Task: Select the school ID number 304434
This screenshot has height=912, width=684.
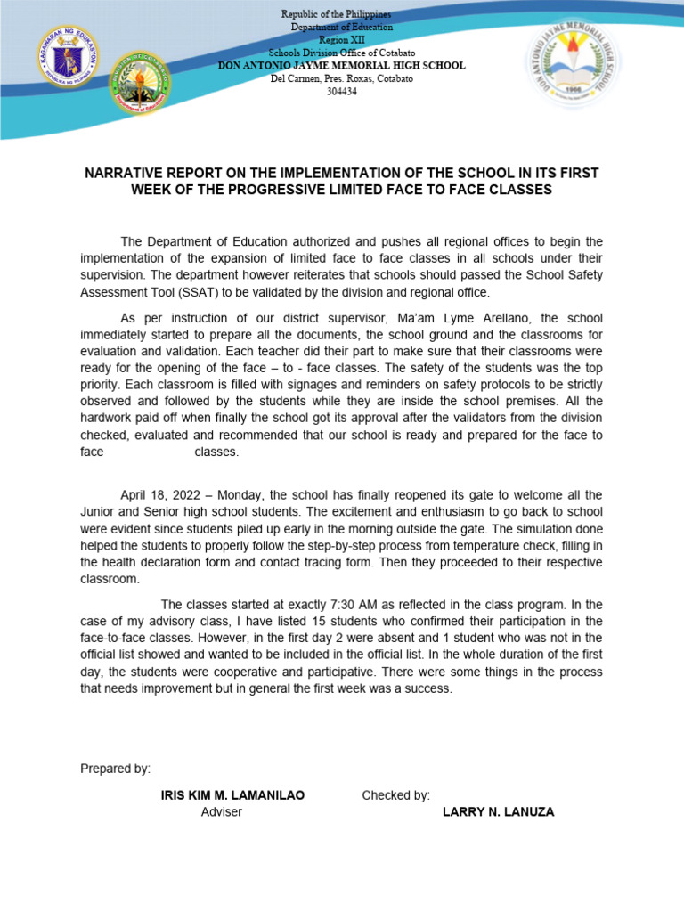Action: (342, 91)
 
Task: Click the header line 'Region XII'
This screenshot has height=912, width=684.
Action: (342, 40)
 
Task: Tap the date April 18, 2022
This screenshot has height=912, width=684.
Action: (159, 495)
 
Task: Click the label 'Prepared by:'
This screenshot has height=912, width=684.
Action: (116, 769)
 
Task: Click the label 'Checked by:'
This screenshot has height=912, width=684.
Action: (395, 795)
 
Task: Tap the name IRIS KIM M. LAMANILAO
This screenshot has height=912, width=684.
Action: (232, 795)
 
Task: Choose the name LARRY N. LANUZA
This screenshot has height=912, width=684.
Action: (498, 812)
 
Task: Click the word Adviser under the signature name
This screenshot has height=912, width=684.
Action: (222, 812)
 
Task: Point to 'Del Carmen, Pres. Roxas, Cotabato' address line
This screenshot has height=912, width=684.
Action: (342, 78)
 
